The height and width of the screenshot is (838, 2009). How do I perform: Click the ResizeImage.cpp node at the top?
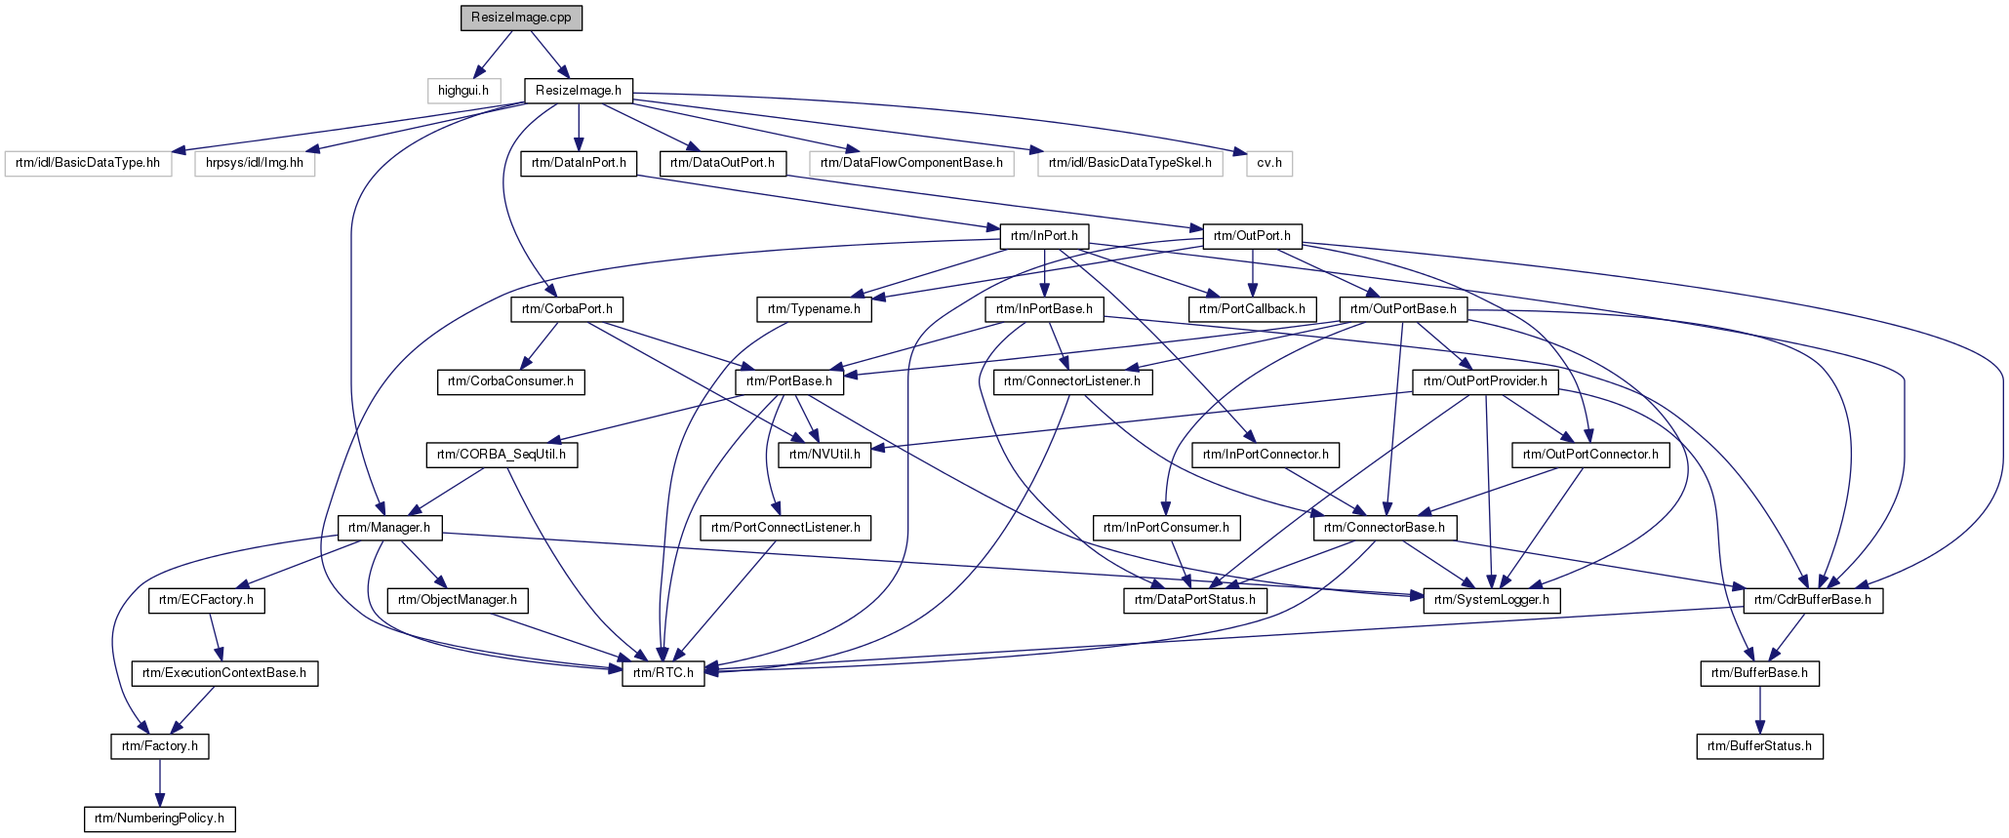[x=522, y=18]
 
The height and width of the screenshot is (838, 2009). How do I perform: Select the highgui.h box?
[x=463, y=91]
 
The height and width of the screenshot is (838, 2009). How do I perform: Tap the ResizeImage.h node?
[x=580, y=91]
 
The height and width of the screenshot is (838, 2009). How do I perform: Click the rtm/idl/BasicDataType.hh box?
[x=88, y=163]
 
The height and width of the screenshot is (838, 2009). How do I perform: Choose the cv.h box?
[x=1268, y=163]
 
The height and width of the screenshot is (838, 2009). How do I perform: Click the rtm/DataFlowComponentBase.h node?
[x=911, y=163]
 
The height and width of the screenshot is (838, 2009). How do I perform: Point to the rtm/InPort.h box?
[x=1044, y=236]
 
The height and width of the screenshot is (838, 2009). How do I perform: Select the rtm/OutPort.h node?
[x=1253, y=236]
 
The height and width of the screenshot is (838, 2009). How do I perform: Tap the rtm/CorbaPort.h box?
[x=567, y=309]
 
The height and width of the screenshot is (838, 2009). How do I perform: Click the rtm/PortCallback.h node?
[x=1253, y=309]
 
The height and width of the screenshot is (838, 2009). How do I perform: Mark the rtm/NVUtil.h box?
[x=825, y=455]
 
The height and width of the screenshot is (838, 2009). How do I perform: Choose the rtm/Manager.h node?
[x=390, y=528]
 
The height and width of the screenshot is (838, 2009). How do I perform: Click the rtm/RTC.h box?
[x=663, y=673]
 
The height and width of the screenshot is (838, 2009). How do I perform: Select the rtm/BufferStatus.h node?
[x=1759, y=746]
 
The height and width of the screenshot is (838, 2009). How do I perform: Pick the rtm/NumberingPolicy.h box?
[x=160, y=818]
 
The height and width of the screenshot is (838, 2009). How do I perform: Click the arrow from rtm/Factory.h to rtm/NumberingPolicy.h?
[x=160, y=782]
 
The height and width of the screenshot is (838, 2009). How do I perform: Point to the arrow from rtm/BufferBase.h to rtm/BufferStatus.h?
[x=1759, y=710]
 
